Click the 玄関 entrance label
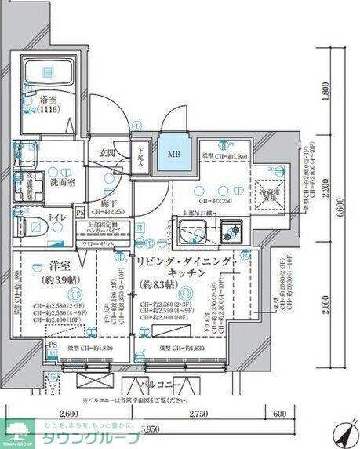[x=108, y=154]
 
